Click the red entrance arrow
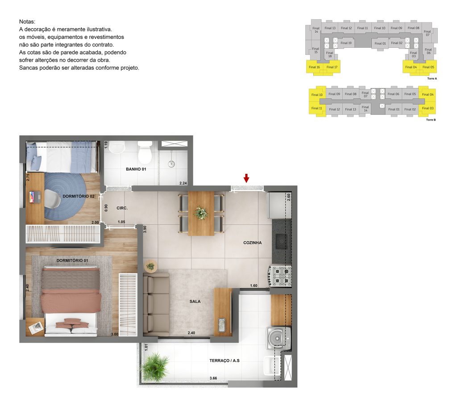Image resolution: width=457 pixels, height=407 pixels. tap(246, 179)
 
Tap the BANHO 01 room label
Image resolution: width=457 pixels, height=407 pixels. tap(136, 170)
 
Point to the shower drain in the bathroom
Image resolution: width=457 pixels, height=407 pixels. tap(170, 164)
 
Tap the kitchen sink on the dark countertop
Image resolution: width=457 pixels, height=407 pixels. tap(282, 242)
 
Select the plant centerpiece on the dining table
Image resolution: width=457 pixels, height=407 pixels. tap(201, 213)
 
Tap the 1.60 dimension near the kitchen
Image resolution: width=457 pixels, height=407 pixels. tap(253, 285)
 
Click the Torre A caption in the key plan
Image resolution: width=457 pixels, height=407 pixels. tap(432, 78)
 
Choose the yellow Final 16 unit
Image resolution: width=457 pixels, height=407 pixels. tap(315, 67)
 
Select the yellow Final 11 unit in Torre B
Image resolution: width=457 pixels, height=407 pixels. tap(317, 109)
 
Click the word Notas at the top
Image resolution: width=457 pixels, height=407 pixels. tap(27, 21)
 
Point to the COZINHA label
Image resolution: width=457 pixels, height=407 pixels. tap(252, 243)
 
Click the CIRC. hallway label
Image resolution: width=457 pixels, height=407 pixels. tap(122, 208)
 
